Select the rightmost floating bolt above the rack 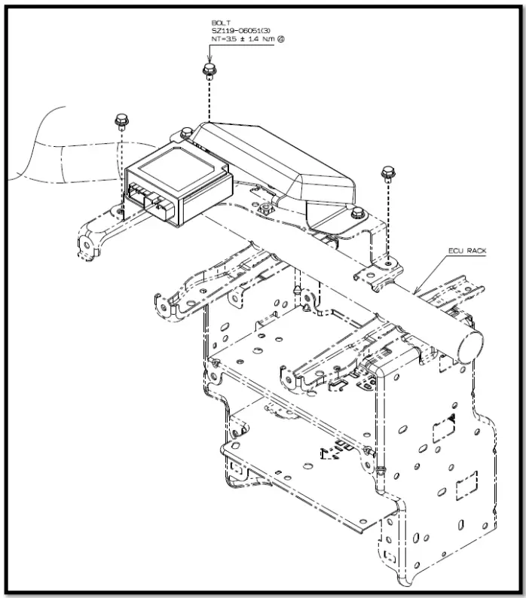point(388,172)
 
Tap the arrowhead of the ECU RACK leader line point(415,291)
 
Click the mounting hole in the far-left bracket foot point(86,243)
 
